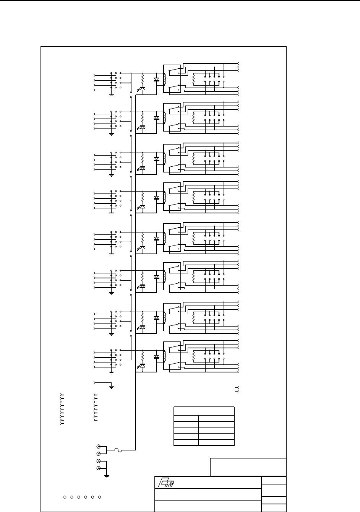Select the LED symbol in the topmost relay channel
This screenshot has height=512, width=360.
[x=142, y=88]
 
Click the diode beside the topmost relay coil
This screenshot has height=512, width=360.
[x=156, y=80]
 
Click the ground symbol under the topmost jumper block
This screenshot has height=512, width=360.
[x=111, y=95]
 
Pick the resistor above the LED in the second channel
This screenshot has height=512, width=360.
[x=142, y=116]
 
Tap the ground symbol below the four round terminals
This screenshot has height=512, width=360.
[x=107, y=475]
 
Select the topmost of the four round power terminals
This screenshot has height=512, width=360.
[x=98, y=447]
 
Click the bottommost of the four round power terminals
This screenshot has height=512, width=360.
[x=98, y=468]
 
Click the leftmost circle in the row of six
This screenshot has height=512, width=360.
[x=65, y=497]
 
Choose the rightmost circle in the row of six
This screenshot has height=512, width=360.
[x=99, y=497]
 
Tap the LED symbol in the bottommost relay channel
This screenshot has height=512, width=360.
[x=142, y=366]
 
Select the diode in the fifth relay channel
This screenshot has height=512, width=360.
[x=156, y=239]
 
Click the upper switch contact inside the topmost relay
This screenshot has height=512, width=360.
[x=174, y=70]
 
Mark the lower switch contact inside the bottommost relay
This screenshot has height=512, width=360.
[x=174, y=366]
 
